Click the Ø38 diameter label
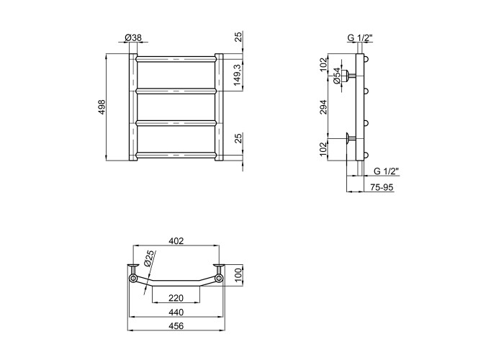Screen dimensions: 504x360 132,37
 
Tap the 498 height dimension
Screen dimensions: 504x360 102,107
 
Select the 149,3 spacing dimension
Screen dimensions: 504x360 238,75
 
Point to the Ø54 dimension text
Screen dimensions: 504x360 336,76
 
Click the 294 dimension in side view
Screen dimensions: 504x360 323,107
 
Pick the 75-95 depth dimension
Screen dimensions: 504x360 382,187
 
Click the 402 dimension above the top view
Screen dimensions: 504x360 176,240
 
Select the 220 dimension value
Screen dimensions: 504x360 176,298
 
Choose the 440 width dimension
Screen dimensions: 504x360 176,312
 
